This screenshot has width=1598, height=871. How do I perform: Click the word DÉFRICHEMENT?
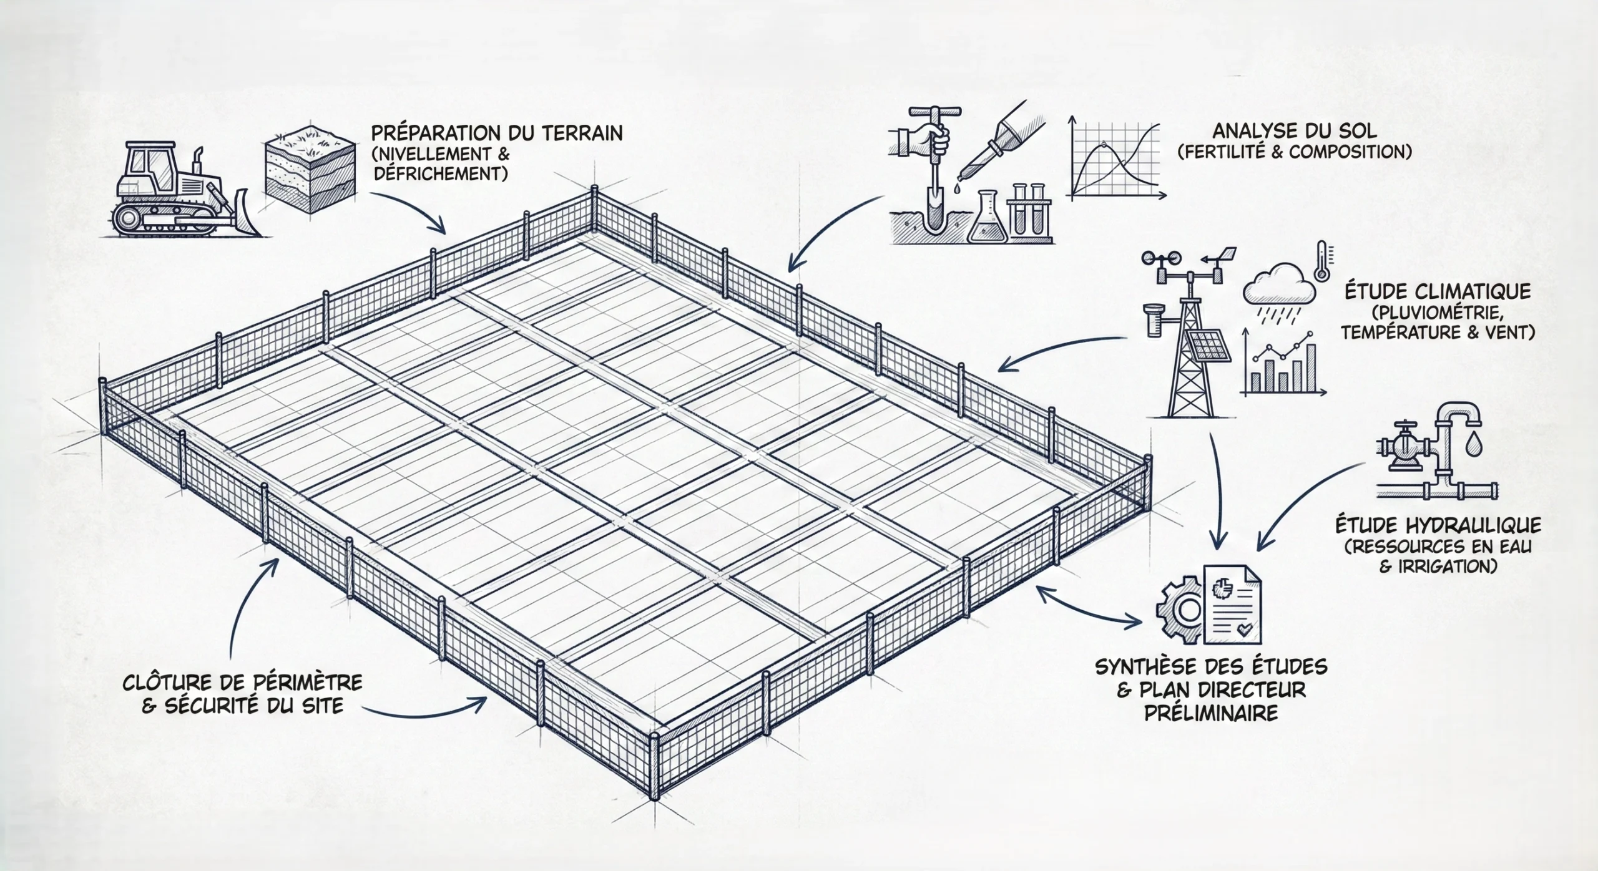(441, 173)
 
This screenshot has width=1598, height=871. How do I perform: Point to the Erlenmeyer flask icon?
(988, 220)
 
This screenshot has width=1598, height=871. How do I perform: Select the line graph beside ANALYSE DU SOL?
(1117, 160)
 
